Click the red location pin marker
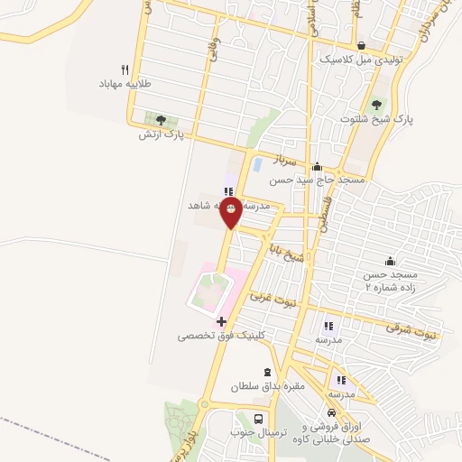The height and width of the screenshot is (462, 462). click(x=230, y=211)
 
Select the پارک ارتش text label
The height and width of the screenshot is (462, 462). click(x=162, y=134)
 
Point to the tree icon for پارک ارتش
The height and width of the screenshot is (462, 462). click(x=161, y=119)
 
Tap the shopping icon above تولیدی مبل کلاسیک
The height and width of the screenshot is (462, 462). click(x=362, y=46)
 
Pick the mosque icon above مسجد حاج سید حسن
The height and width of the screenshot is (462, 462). click(x=317, y=167)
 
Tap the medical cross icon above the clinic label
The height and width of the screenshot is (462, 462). click(x=221, y=321)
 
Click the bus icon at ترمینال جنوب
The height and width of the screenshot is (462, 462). click(x=260, y=420)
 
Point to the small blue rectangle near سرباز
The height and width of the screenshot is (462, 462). click(x=258, y=165)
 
